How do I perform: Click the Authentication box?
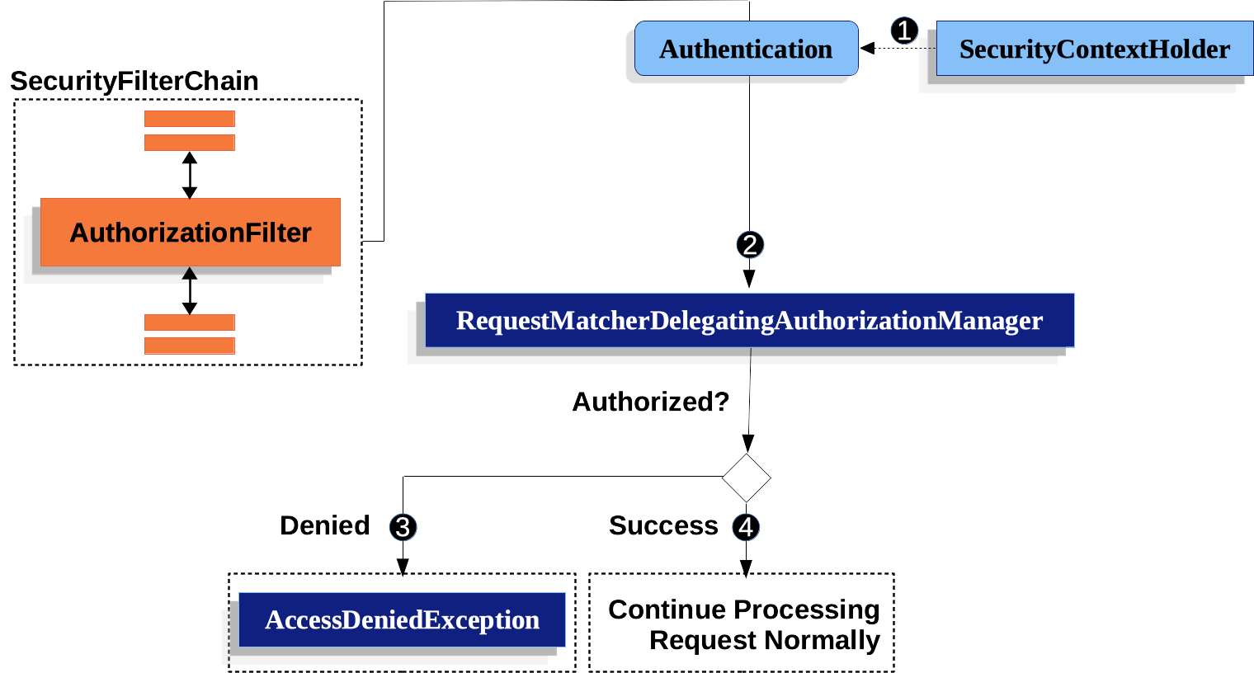[x=746, y=49]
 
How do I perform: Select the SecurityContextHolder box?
[x=1094, y=49]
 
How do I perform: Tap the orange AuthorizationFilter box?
[x=191, y=233]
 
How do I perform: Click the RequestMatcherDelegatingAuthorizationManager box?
[x=749, y=320]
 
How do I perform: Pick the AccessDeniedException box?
[x=402, y=619]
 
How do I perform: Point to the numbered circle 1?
[x=904, y=31]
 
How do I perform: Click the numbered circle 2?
[x=750, y=245]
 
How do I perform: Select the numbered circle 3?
[x=403, y=527]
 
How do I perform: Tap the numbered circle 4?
[x=746, y=527]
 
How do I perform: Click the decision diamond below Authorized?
[x=747, y=478]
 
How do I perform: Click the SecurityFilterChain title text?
[x=134, y=81]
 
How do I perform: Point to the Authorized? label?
[x=651, y=402]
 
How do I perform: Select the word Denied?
[x=325, y=525]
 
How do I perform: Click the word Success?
[x=663, y=525]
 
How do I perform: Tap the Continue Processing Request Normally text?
[x=743, y=624]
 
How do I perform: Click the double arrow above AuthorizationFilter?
[x=190, y=175]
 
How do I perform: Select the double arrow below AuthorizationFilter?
[x=190, y=290]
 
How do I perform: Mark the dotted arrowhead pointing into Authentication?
[x=867, y=49]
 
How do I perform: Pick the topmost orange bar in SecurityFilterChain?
[x=190, y=119]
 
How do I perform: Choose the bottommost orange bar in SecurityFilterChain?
[x=190, y=346]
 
